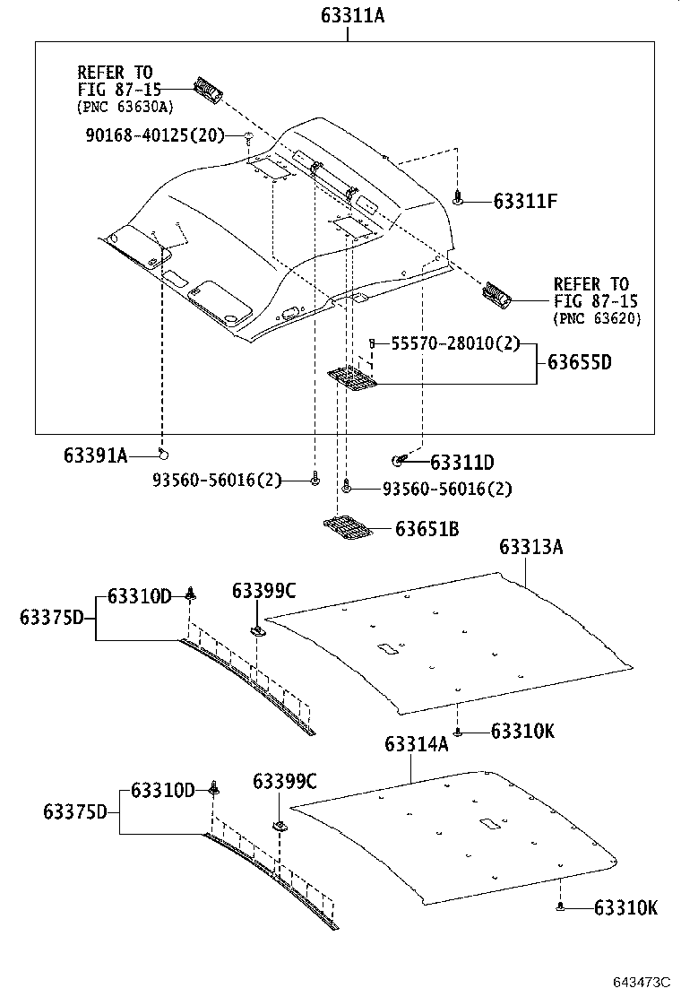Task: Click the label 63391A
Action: pyautogui.click(x=95, y=455)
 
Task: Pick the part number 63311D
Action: pyautogui.click(x=461, y=463)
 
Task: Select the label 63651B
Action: pyautogui.click(x=427, y=530)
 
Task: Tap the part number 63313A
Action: pyautogui.click(x=530, y=547)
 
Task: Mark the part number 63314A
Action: pyautogui.click(x=416, y=744)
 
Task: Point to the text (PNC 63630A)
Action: pyautogui.click(x=125, y=107)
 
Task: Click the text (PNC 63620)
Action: pyautogui.click(x=597, y=318)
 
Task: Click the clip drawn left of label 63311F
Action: pyautogui.click(x=458, y=199)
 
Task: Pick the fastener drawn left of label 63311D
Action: pyautogui.click(x=401, y=461)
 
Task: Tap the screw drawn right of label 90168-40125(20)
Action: pyautogui.click(x=247, y=136)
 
